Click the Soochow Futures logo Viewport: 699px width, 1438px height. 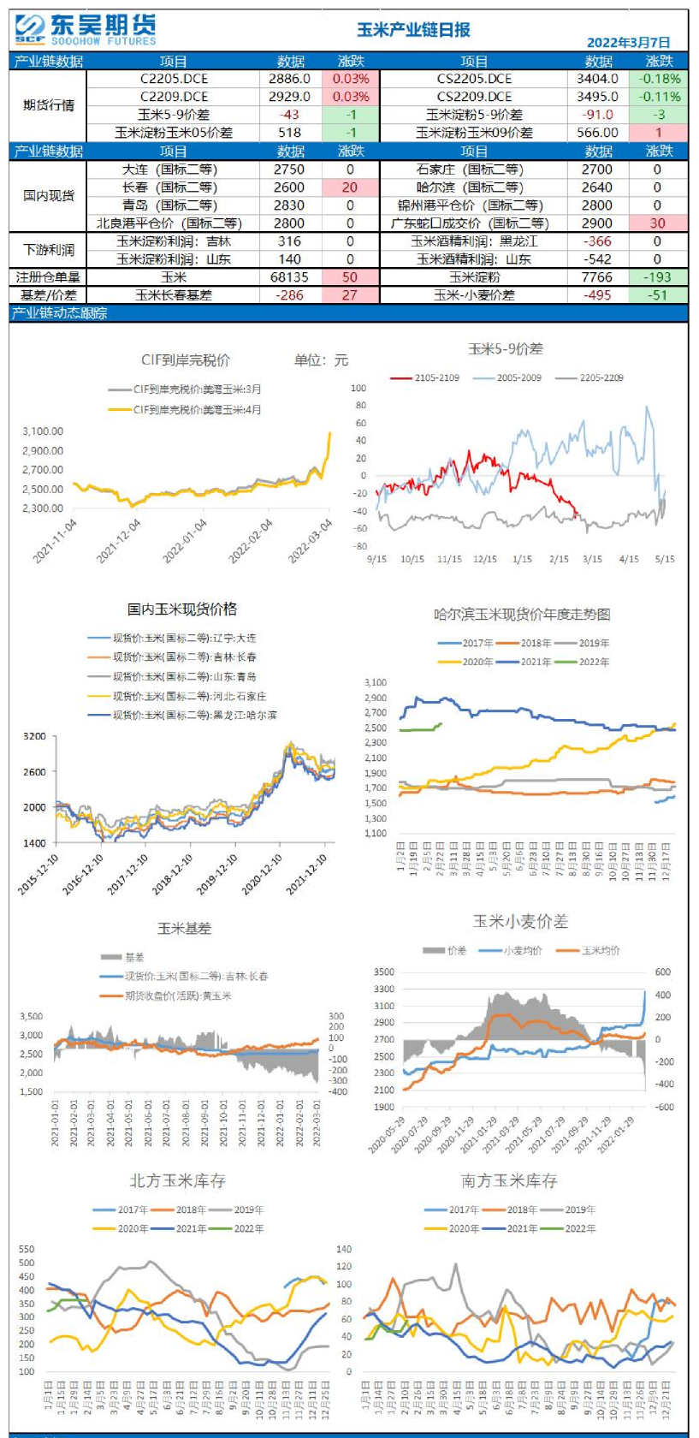pyautogui.click(x=86, y=29)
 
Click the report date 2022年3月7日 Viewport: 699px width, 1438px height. pyautogui.click(x=628, y=42)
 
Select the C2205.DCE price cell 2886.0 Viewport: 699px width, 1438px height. pyautogui.click(x=289, y=79)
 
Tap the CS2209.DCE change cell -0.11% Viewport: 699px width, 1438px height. pyautogui.click(x=659, y=97)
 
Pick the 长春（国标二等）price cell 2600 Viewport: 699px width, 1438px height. pyautogui.click(x=289, y=187)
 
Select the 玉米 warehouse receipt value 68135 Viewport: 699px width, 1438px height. pyautogui.click(x=289, y=277)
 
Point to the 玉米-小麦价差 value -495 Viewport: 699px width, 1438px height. pyautogui.click(x=597, y=294)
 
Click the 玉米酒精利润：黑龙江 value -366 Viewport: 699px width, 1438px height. pyautogui.click(x=597, y=241)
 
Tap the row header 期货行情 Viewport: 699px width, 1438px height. pyautogui.click(x=49, y=105)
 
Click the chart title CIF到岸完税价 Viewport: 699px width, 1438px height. pyautogui.click(x=185, y=360)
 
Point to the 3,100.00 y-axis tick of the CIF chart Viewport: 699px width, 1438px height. pyautogui.click(x=43, y=431)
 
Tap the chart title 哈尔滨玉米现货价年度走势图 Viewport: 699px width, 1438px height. pyautogui.click(x=521, y=614)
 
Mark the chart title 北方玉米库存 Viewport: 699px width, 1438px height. pyautogui.click(x=177, y=1181)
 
